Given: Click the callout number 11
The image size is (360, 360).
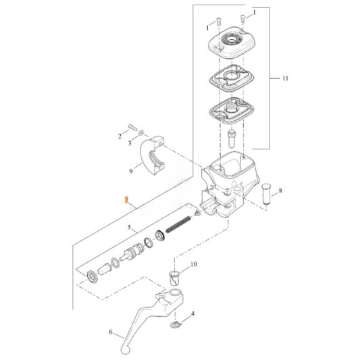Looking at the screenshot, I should [285, 79].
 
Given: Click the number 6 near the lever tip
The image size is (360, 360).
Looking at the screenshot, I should [111, 332].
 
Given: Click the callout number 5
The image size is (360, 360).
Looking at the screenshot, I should [130, 228].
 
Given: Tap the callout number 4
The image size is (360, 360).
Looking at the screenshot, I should [193, 314].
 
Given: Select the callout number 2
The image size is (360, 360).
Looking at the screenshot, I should [118, 136].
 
